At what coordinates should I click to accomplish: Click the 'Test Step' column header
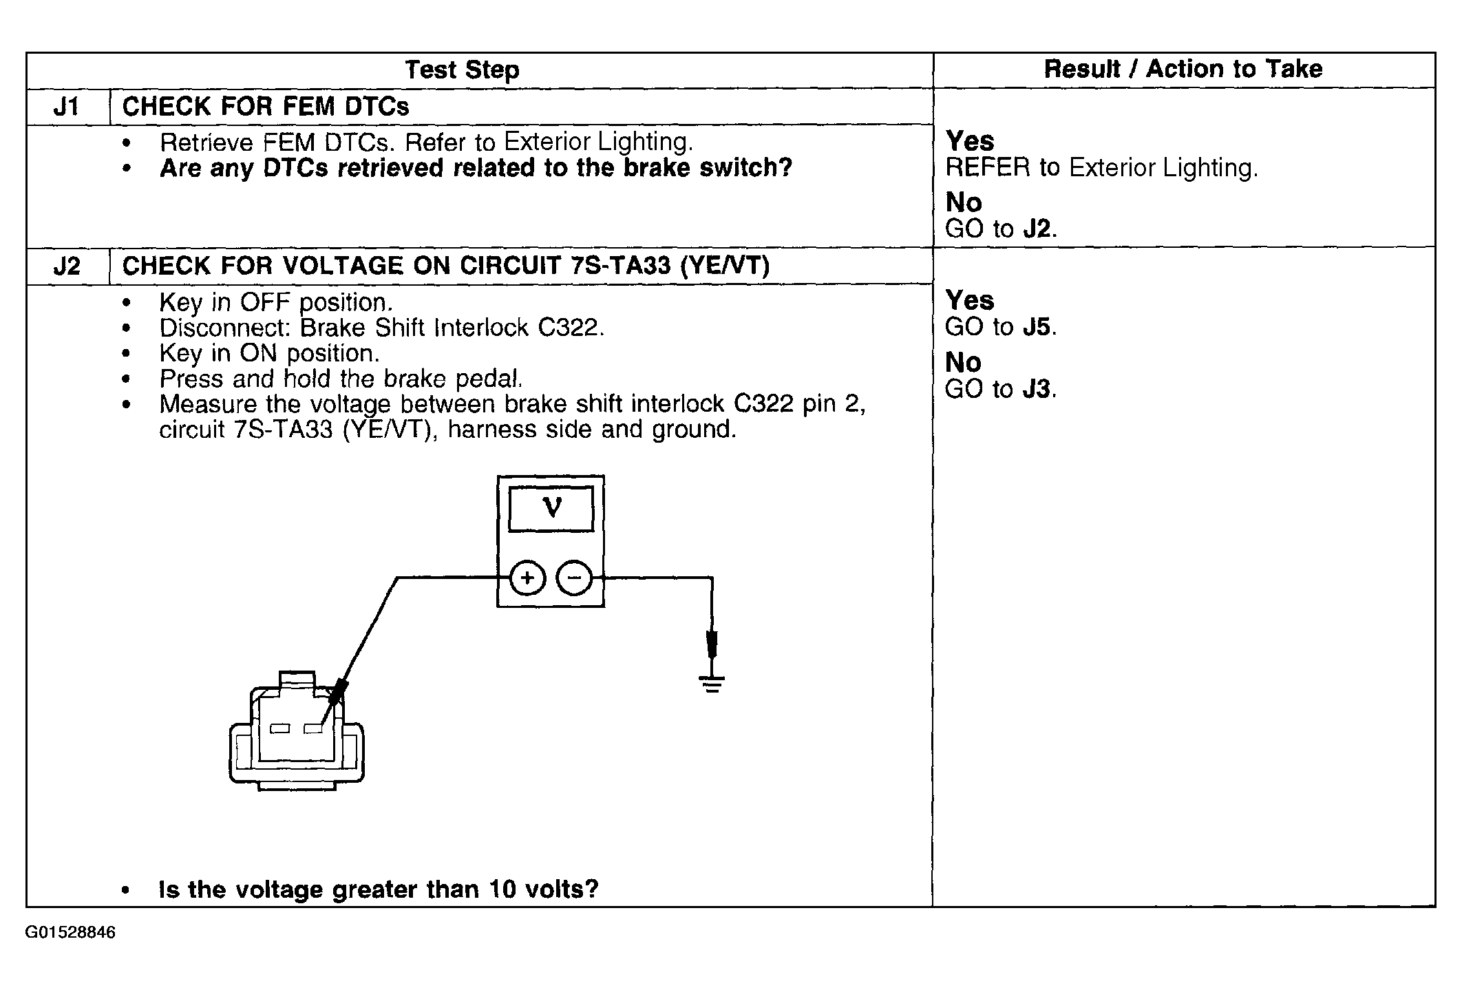pos(462,70)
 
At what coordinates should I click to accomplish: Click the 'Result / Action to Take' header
pos(1183,69)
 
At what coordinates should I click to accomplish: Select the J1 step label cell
pos(67,107)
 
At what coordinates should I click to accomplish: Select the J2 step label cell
pos(67,266)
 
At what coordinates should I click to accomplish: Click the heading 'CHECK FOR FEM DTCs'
pos(266,107)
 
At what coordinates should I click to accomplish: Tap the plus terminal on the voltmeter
pos(527,578)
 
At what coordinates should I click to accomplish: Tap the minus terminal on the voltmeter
pos(574,578)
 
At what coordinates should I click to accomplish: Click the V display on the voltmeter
pos(551,509)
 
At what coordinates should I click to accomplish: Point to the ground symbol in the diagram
pos(712,684)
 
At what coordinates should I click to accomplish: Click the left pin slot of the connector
pos(279,729)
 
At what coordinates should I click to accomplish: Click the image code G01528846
pos(71,933)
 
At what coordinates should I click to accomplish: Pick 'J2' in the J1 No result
pos(1037,229)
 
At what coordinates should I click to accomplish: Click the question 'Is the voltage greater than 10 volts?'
pos(379,889)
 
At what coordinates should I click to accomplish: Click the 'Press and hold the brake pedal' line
pos(341,379)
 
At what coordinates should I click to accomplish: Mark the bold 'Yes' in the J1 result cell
pos(970,141)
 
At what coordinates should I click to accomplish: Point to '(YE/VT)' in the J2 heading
pos(724,266)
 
